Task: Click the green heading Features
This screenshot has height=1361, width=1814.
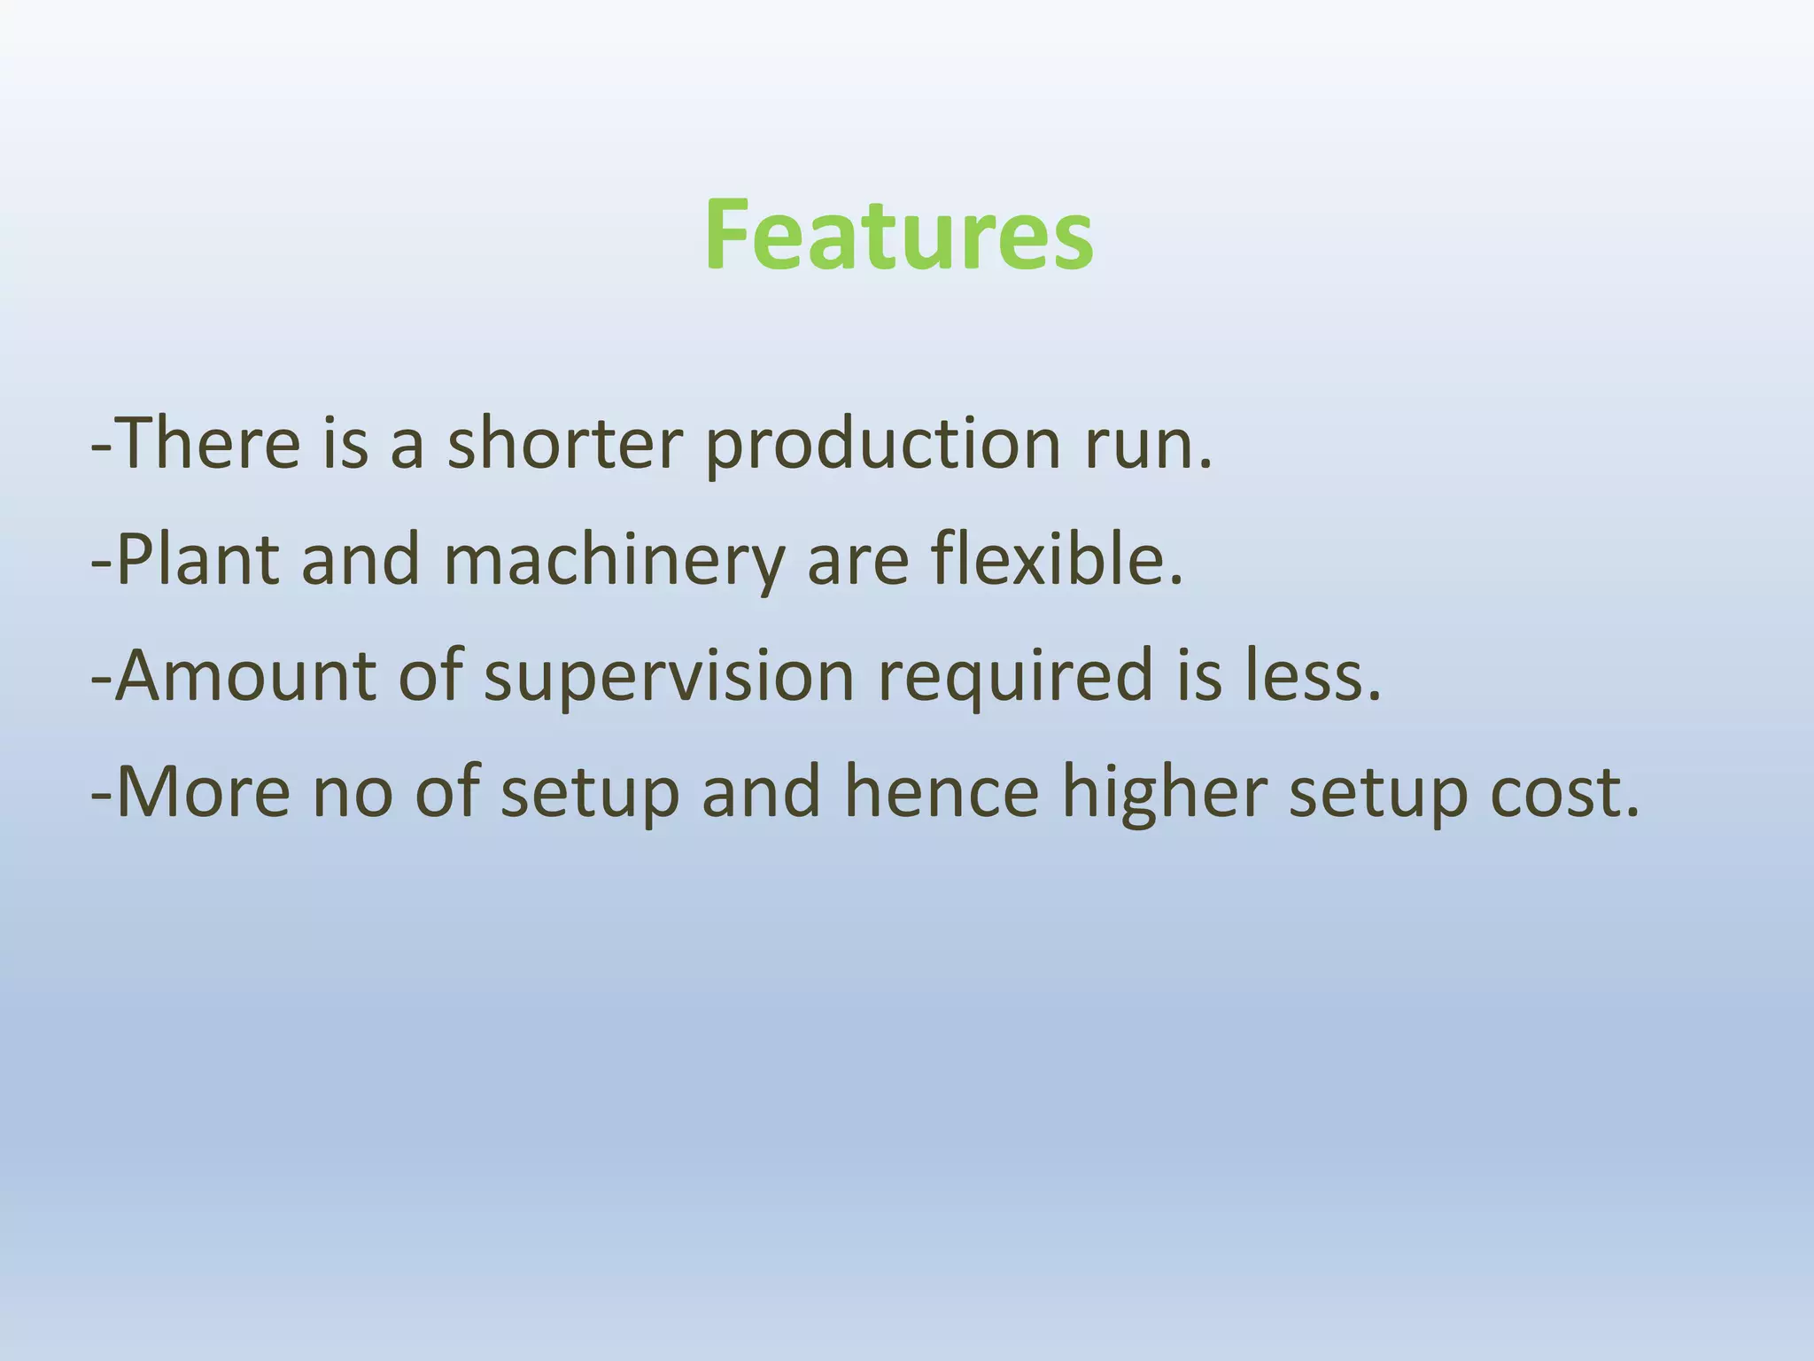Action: coord(899,235)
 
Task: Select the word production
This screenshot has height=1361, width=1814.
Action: coord(882,446)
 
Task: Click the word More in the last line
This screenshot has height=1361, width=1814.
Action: coord(203,791)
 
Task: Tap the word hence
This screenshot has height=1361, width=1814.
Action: coord(941,791)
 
